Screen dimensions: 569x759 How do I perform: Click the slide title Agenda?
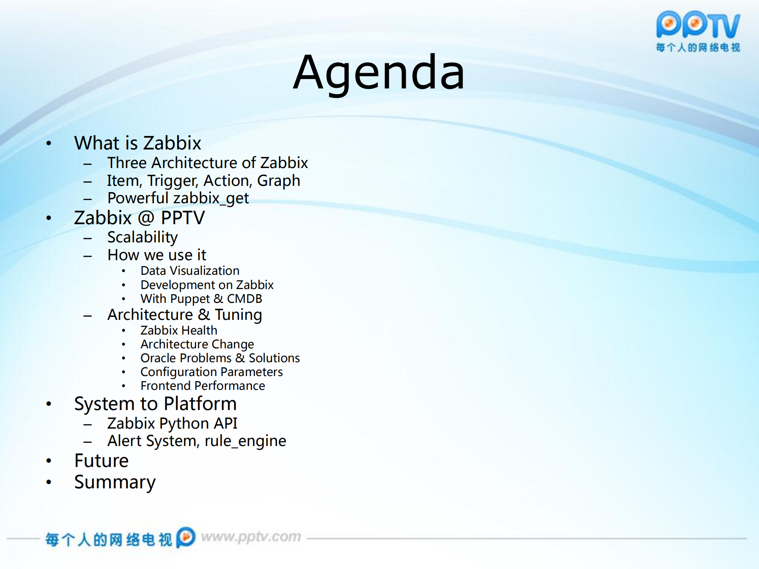[x=379, y=73]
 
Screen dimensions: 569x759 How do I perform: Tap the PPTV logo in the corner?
[x=698, y=31]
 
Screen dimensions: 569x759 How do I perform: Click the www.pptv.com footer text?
[x=251, y=537]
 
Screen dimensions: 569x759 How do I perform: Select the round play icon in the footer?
[x=185, y=537]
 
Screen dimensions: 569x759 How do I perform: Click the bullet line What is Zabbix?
[x=138, y=143]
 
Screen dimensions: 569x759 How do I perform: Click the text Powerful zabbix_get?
[x=178, y=198]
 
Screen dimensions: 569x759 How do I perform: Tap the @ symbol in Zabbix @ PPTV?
[x=146, y=218]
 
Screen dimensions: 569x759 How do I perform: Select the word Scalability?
[x=142, y=237]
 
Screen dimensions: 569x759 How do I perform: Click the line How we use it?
[x=157, y=255]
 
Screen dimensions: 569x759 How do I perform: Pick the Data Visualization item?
[x=190, y=271]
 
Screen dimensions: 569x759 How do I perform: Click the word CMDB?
[x=244, y=299]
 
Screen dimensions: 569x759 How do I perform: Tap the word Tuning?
[x=238, y=315]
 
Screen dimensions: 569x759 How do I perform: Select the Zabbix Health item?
[x=179, y=330]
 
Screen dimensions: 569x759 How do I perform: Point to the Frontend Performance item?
[x=203, y=386]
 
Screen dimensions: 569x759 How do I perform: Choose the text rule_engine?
[x=245, y=441]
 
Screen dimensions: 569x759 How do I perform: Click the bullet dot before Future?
[x=49, y=461]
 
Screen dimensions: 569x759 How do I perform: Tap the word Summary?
[x=115, y=482]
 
